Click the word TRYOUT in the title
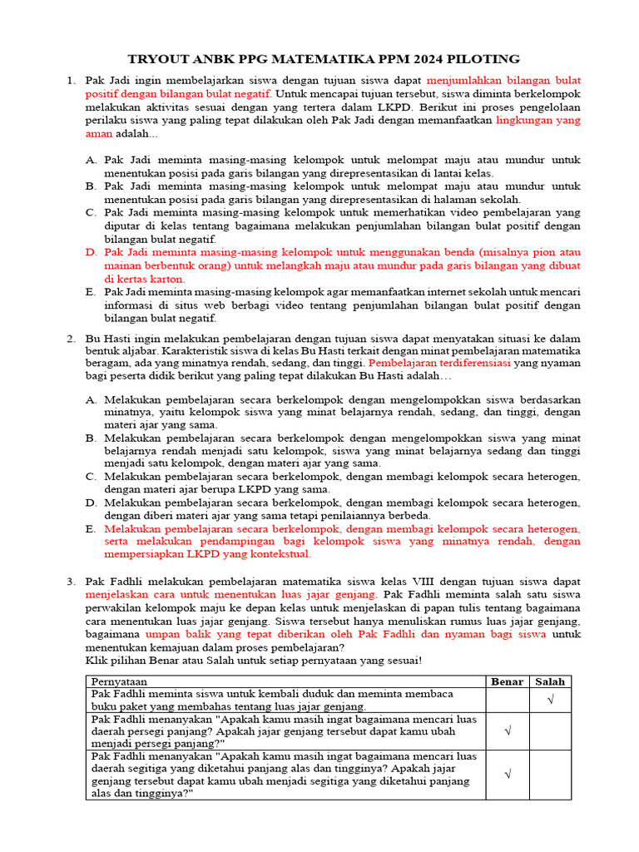click(156, 58)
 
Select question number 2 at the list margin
click(71, 339)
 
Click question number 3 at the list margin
click(71, 581)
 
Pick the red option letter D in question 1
click(91, 252)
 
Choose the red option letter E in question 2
click(91, 529)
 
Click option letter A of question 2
click(91, 399)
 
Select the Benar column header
click(508, 681)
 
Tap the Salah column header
click(550, 681)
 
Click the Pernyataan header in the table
click(120, 681)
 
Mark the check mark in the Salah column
click(550, 700)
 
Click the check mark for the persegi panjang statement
click(508, 731)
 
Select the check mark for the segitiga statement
click(508, 775)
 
